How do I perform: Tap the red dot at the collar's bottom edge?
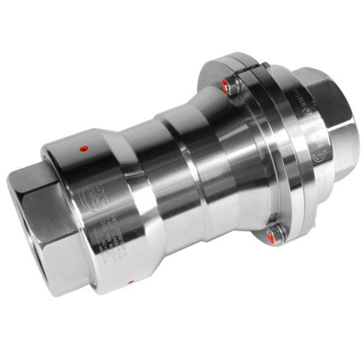130,282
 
